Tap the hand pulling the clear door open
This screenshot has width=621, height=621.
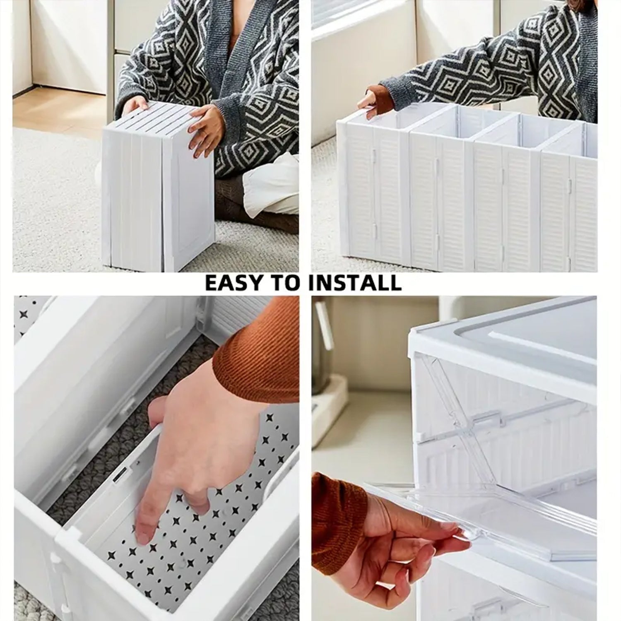397,534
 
